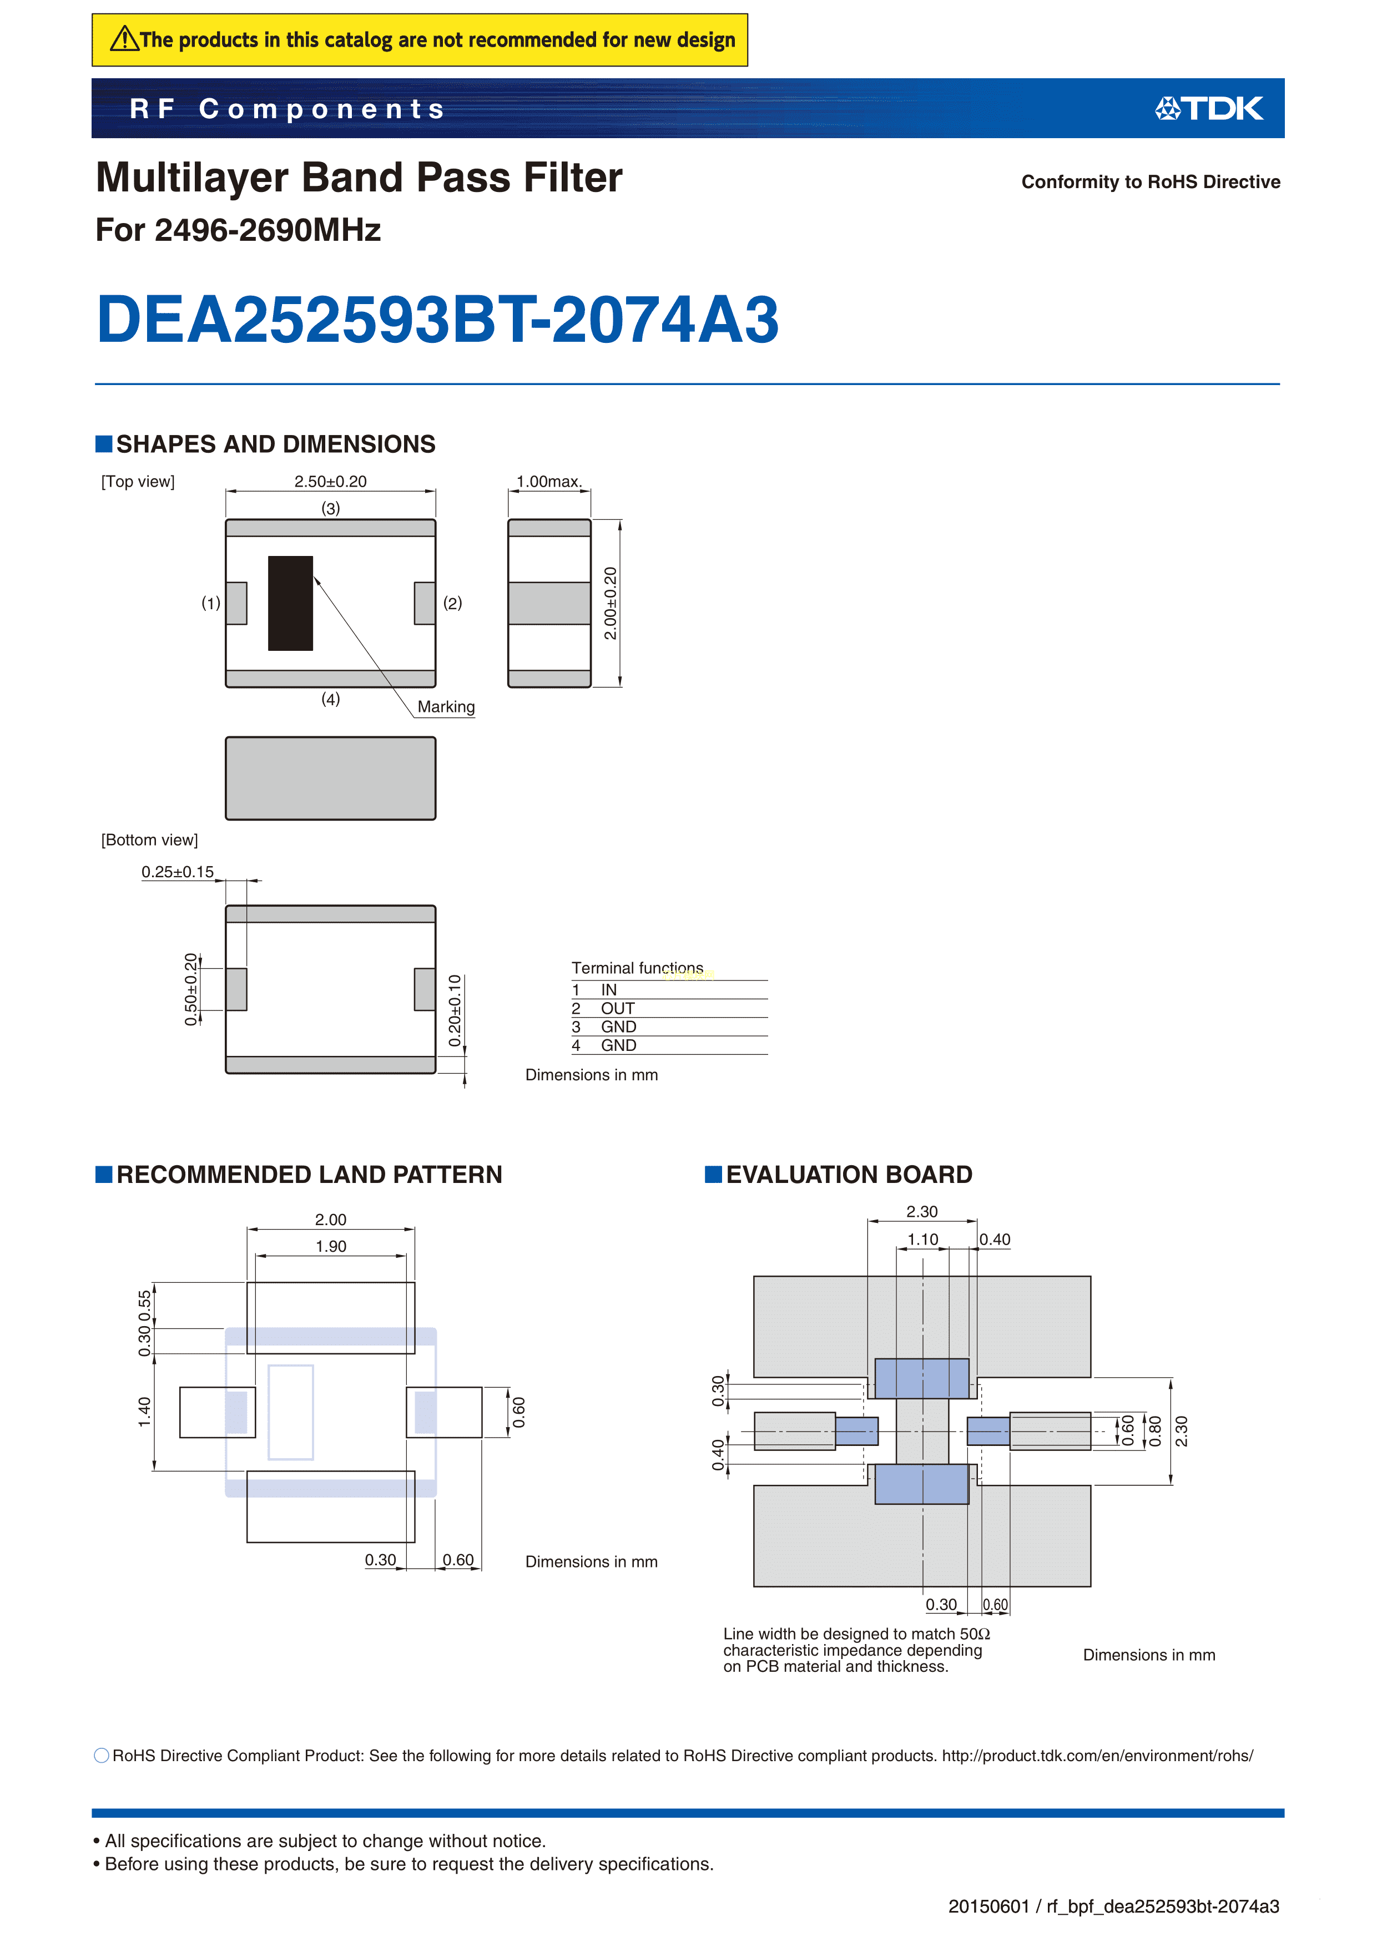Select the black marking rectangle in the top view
pyautogui.click(x=290, y=603)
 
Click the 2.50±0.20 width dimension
pyautogui.click(x=330, y=482)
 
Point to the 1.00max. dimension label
pyautogui.click(x=549, y=482)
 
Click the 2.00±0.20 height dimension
pyautogui.click(x=610, y=603)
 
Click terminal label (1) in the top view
pyautogui.click(x=210, y=603)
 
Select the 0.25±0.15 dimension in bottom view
pyautogui.click(x=177, y=872)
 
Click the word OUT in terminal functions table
pyautogui.click(x=618, y=1008)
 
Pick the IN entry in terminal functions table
pyautogui.click(x=608, y=990)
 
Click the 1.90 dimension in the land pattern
pyautogui.click(x=331, y=1246)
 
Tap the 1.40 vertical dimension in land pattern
pyautogui.click(x=144, y=1412)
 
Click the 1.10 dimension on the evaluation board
pyautogui.click(x=922, y=1240)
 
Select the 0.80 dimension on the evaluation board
pyautogui.click(x=1154, y=1432)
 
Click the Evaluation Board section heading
pyautogui.click(x=849, y=1175)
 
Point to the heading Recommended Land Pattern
pyautogui.click(x=309, y=1175)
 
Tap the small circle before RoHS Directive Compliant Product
pyautogui.click(x=102, y=1756)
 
